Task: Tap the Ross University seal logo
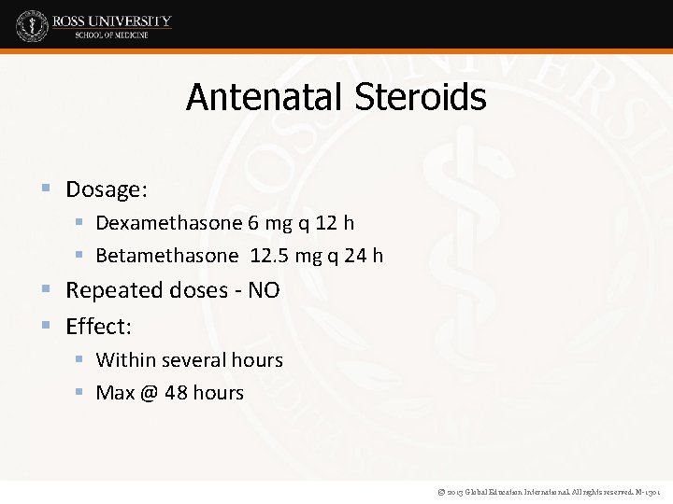(32, 25)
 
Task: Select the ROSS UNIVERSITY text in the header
(111, 21)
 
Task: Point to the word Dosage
(106, 189)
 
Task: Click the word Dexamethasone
(169, 223)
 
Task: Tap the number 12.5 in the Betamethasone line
(272, 256)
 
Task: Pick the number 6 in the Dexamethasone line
(253, 223)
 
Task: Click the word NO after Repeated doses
(264, 290)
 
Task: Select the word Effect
(98, 327)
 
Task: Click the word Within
(126, 360)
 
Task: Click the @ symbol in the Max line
(150, 393)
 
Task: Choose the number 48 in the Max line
(176, 393)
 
